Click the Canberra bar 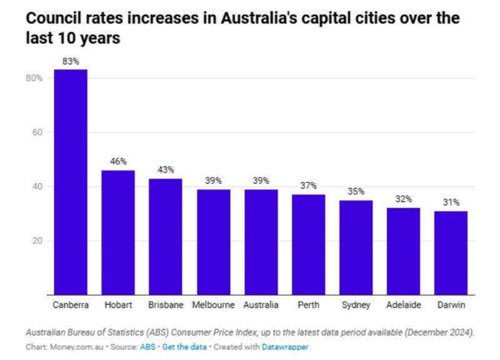pyautogui.click(x=71, y=181)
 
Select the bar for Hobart pyautogui.click(x=118, y=232)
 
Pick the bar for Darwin pyautogui.click(x=451, y=252)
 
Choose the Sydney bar pyautogui.click(x=356, y=247)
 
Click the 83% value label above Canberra pyautogui.click(x=71, y=61)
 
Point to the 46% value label pyautogui.click(x=118, y=162)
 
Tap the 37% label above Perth pyautogui.click(x=308, y=186)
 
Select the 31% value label pyautogui.click(x=451, y=202)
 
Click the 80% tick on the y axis pyautogui.click(x=34, y=78)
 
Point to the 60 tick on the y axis pyautogui.click(x=37, y=132)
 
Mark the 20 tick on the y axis pyautogui.click(x=37, y=241)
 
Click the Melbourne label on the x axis pyautogui.click(x=214, y=305)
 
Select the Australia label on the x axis pyautogui.click(x=261, y=305)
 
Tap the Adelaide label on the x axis pyautogui.click(x=404, y=305)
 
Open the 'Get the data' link pyautogui.click(x=184, y=346)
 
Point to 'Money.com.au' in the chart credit pyautogui.click(x=69, y=346)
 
